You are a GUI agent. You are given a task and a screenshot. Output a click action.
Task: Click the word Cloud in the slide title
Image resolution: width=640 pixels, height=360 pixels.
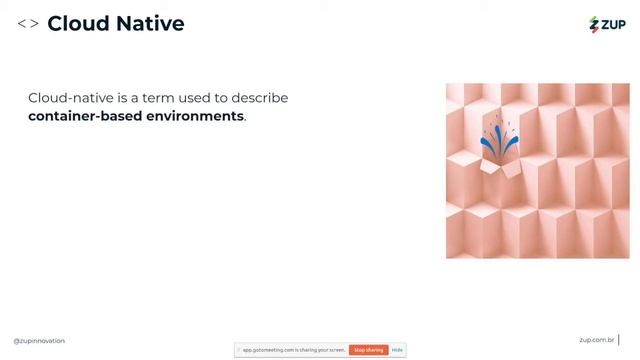click(x=79, y=23)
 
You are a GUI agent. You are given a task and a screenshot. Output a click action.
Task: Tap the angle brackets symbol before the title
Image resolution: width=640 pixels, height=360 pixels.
click(x=28, y=23)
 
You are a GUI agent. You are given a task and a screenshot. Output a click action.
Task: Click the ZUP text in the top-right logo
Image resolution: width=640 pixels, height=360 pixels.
click(x=613, y=24)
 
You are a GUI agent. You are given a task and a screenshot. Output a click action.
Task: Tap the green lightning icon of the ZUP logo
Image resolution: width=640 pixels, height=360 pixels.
click(x=594, y=24)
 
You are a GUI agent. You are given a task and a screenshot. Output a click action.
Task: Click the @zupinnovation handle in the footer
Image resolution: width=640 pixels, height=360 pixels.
click(x=39, y=341)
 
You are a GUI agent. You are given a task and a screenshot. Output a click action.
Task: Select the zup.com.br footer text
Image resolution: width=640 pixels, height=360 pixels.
click(x=596, y=341)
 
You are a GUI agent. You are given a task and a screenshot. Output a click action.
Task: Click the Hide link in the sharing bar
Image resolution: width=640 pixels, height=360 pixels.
click(x=397, y=350)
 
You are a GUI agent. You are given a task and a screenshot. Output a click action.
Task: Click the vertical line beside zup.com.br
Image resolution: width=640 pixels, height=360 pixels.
click(x=619, y=341)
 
